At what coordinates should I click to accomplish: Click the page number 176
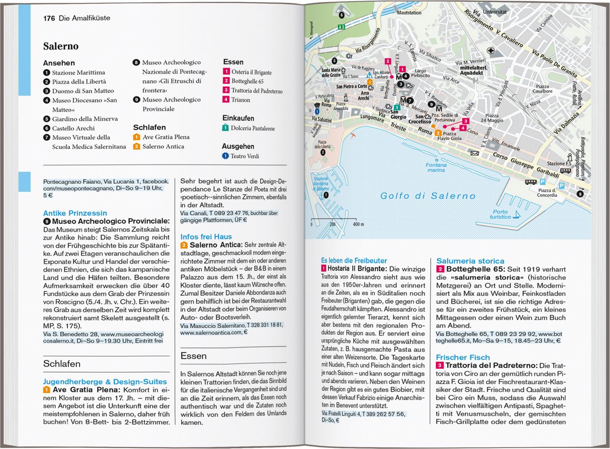coord(49,18)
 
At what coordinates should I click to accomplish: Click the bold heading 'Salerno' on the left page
coord(61,46)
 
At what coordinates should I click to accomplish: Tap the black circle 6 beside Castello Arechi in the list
coord(47,128)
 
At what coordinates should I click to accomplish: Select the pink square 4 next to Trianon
coord(226,100)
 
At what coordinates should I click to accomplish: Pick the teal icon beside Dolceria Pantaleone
coord(226,128)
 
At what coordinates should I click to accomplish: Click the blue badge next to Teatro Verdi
coord(225,156)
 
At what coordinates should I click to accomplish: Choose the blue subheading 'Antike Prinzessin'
coord(75,213)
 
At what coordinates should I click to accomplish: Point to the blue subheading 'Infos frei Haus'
coord(206,236)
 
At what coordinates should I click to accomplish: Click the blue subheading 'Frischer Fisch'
coord(463,357)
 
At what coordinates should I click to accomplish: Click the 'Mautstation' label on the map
coord(409,13)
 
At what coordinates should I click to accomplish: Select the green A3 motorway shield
coord(341,27)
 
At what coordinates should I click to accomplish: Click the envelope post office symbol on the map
coord(475,153)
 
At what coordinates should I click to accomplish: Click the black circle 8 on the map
coord(580,194)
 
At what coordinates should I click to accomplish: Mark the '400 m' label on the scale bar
coord(358,224)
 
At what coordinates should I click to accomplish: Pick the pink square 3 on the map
coord(466,121)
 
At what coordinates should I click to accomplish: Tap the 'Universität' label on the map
coord(495,12)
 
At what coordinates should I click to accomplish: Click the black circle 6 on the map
coord(342,15)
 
